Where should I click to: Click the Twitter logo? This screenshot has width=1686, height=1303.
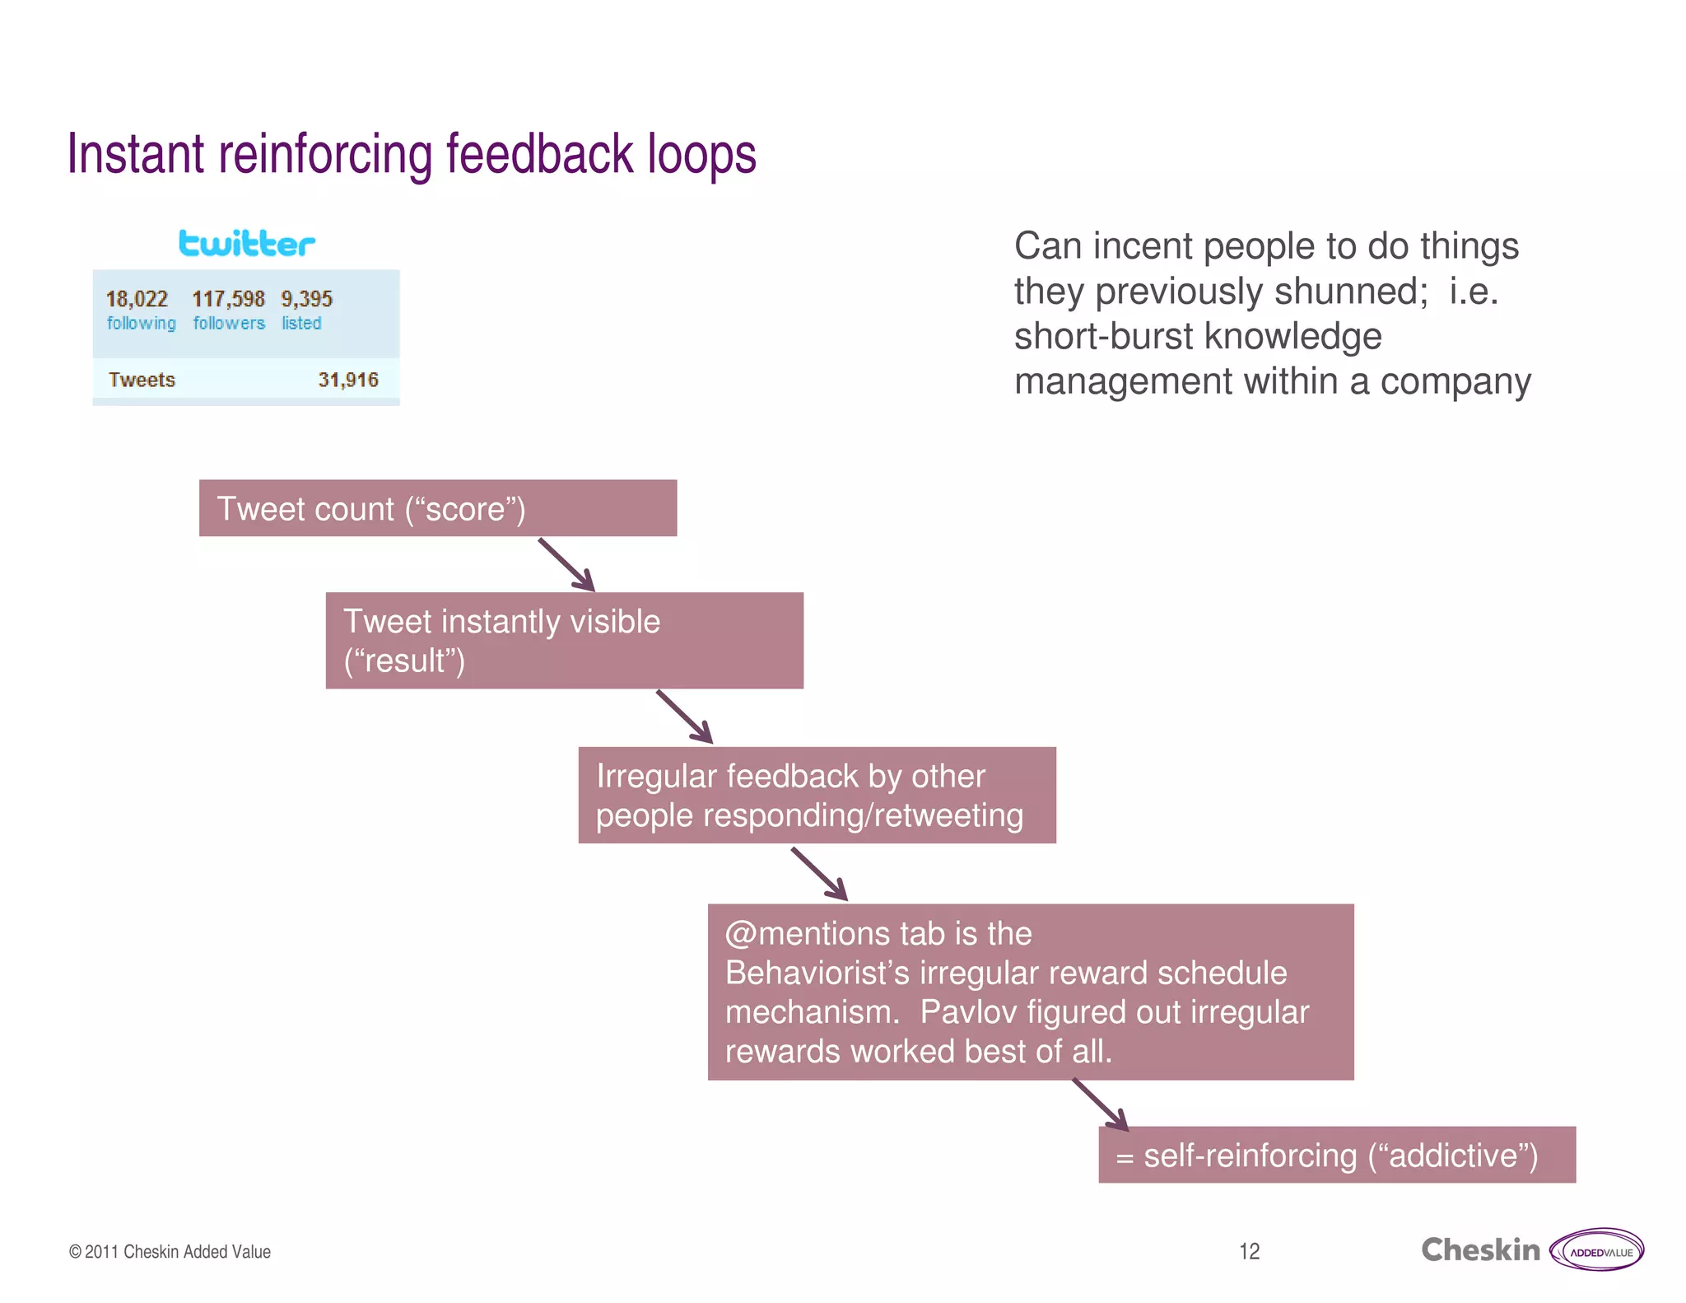coord(246,244)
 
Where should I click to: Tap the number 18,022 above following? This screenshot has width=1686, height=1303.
coord(137,298)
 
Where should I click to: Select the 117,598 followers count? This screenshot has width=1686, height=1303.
coord(228,298)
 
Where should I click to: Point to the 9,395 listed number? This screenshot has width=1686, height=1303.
coord(306,298)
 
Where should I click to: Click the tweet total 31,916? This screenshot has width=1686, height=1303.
coord(348,380)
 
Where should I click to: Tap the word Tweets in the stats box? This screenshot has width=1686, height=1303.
coord(142,380)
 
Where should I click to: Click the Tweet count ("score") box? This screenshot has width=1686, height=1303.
coord(437,508)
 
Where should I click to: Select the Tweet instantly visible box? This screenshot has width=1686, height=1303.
coord(564,640)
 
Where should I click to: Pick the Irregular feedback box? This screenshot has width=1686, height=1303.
coord(817,795)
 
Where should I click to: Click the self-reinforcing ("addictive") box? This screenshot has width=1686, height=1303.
coord(1336,1155)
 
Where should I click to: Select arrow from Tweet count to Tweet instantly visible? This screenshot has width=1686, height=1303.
coord(566,565)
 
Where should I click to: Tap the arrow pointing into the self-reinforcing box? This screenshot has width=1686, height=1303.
coord(1101,1105)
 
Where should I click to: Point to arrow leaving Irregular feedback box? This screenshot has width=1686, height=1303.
coord(819,874)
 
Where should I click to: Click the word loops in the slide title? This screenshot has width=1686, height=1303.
coord(701,155)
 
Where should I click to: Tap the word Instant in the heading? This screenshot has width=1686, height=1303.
coord(136,155)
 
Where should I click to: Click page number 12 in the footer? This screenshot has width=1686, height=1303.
coord(1249,1251)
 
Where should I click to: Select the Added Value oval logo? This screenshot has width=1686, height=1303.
coord(1596,1250)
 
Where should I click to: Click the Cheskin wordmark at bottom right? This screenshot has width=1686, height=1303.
coord(1480,1250)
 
